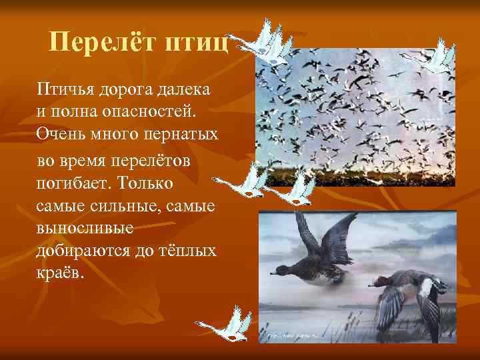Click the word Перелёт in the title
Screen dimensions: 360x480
pos(97,44)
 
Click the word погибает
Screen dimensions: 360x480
pos(75,183)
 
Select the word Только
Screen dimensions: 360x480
pos(156,183)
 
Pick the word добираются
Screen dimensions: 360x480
pos(83,252)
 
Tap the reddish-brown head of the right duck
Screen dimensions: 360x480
pos(380,281)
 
